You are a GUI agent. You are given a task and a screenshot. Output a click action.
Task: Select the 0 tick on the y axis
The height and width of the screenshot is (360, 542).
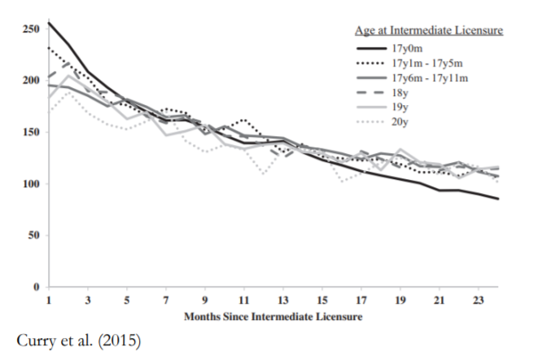point(35,287)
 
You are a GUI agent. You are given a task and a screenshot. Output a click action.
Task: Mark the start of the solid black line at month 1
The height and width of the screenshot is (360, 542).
point(48,22)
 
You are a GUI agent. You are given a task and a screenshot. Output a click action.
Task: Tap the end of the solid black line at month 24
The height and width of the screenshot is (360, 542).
point(498,199)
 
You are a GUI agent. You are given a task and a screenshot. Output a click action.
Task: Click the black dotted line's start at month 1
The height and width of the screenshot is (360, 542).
point(48,46)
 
